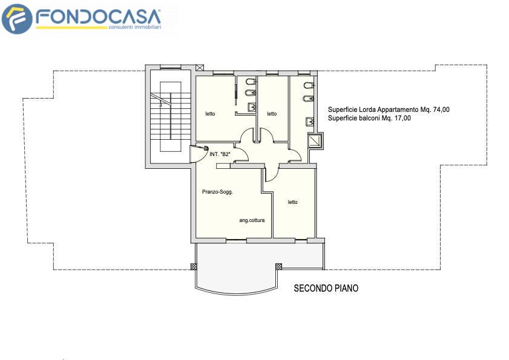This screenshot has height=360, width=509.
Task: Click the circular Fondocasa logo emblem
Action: coord(17,19)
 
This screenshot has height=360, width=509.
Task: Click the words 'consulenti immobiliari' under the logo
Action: coord(135,27)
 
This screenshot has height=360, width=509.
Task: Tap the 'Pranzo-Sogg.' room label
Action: coord(217,192)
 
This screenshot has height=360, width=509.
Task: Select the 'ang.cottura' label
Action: coord(252,220)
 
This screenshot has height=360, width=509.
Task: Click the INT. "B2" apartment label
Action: coord(220,154)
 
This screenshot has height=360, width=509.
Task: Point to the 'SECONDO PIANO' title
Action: coord(326,288)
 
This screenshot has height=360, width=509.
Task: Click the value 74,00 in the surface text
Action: coord(441,110)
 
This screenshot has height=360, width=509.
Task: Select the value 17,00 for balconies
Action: coord(402,118)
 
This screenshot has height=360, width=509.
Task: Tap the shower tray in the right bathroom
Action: coord(314,140)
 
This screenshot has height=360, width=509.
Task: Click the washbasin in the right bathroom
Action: coord(310,122)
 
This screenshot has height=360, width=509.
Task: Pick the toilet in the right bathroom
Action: coord(309,86)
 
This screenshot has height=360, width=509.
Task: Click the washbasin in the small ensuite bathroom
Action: coord(252,107)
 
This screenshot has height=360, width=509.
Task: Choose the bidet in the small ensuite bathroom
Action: coord(251,93)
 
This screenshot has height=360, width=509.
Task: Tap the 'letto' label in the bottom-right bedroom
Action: coord(292,202)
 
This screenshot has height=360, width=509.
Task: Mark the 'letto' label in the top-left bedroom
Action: coord(210,114)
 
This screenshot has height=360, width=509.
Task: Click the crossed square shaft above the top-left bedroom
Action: coord(200,68)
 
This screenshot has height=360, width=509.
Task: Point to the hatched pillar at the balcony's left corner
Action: coord(192,266)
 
